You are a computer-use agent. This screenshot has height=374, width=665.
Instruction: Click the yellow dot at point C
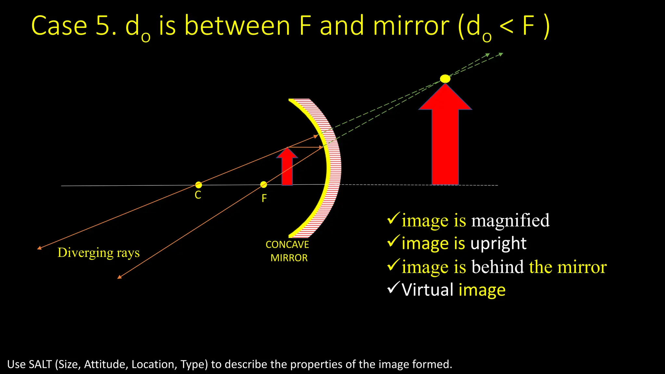(198, 185)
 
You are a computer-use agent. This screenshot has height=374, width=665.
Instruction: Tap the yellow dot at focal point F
(264, 185)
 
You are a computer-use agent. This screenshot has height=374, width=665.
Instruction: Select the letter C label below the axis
(198, 195)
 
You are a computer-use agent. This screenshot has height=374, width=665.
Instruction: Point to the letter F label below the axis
(264, 198)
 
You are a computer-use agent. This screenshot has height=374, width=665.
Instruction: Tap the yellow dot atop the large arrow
(445, 79)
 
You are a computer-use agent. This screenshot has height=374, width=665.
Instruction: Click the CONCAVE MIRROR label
(288, 251)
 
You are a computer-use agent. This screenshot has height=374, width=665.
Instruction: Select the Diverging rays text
(98, 253)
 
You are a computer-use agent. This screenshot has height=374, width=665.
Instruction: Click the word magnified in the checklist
(510, 221)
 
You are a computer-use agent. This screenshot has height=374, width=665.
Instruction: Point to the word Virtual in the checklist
(427, 290)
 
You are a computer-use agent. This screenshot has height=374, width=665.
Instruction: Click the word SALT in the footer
(40, 364)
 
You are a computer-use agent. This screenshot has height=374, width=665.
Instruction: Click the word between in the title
(237, 26)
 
